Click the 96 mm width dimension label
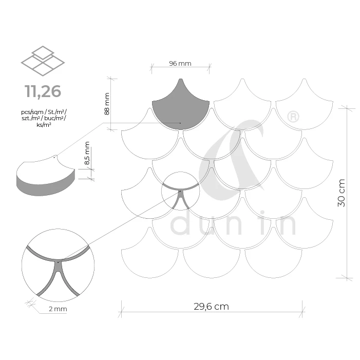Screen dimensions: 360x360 coord(180,63)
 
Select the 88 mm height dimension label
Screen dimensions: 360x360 coord(107,104)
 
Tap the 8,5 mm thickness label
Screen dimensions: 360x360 coord(87,153)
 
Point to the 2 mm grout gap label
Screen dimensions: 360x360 coord(58,309)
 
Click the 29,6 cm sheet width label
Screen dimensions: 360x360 coord(211,307)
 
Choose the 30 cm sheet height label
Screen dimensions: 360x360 coord(342,193)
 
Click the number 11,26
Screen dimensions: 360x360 coord(43,91)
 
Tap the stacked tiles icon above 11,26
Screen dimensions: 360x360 coord(43,61)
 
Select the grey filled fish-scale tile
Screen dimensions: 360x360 coord(181,108)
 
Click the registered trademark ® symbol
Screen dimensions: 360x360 coord(293,117)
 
